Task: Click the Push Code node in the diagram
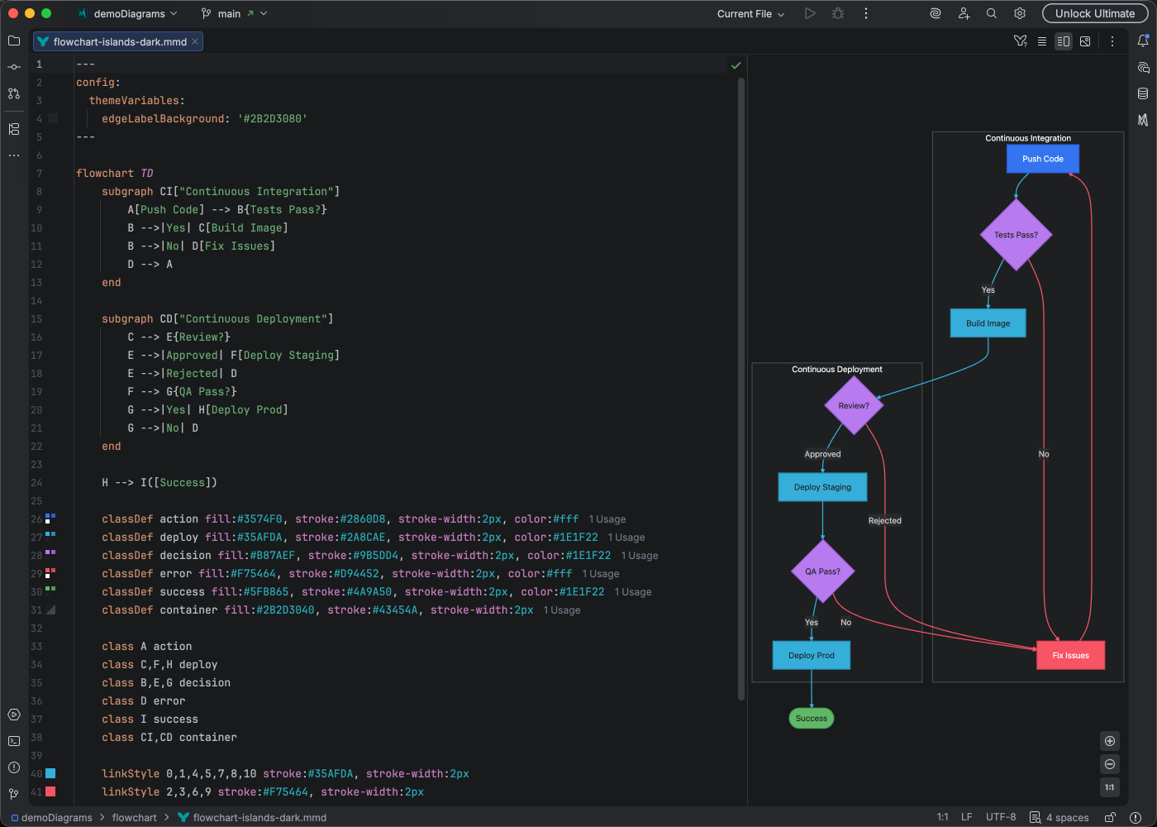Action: [x=1042, y=159]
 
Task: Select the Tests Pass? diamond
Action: [x=1016, y=235]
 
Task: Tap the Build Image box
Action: [x=988, y=323]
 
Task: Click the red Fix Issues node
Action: [x=1070, y=655]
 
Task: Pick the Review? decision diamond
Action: [x=854, y=405]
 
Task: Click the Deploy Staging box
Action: [x=822, y=487]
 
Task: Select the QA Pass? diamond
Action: [x=822, y=571]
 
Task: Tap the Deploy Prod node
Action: [x=811, y=655]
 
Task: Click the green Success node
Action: [x=811, y=718]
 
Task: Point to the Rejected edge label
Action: [x=884, y=520]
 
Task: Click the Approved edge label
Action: [x=822, y=454]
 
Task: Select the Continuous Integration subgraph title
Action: [x=1027, y=138]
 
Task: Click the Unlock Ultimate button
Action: [x=1094, y=13]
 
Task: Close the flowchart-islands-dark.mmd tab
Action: [x=195, y=41]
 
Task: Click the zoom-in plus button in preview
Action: [x=1110, y=741]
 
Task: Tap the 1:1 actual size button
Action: [x=1110, y=787]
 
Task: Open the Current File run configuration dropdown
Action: [x=750, y=14]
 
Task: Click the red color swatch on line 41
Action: [x=50, y=791]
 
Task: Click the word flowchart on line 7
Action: [x=104, y=173]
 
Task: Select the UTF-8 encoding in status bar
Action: [x=1000, y=817]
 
